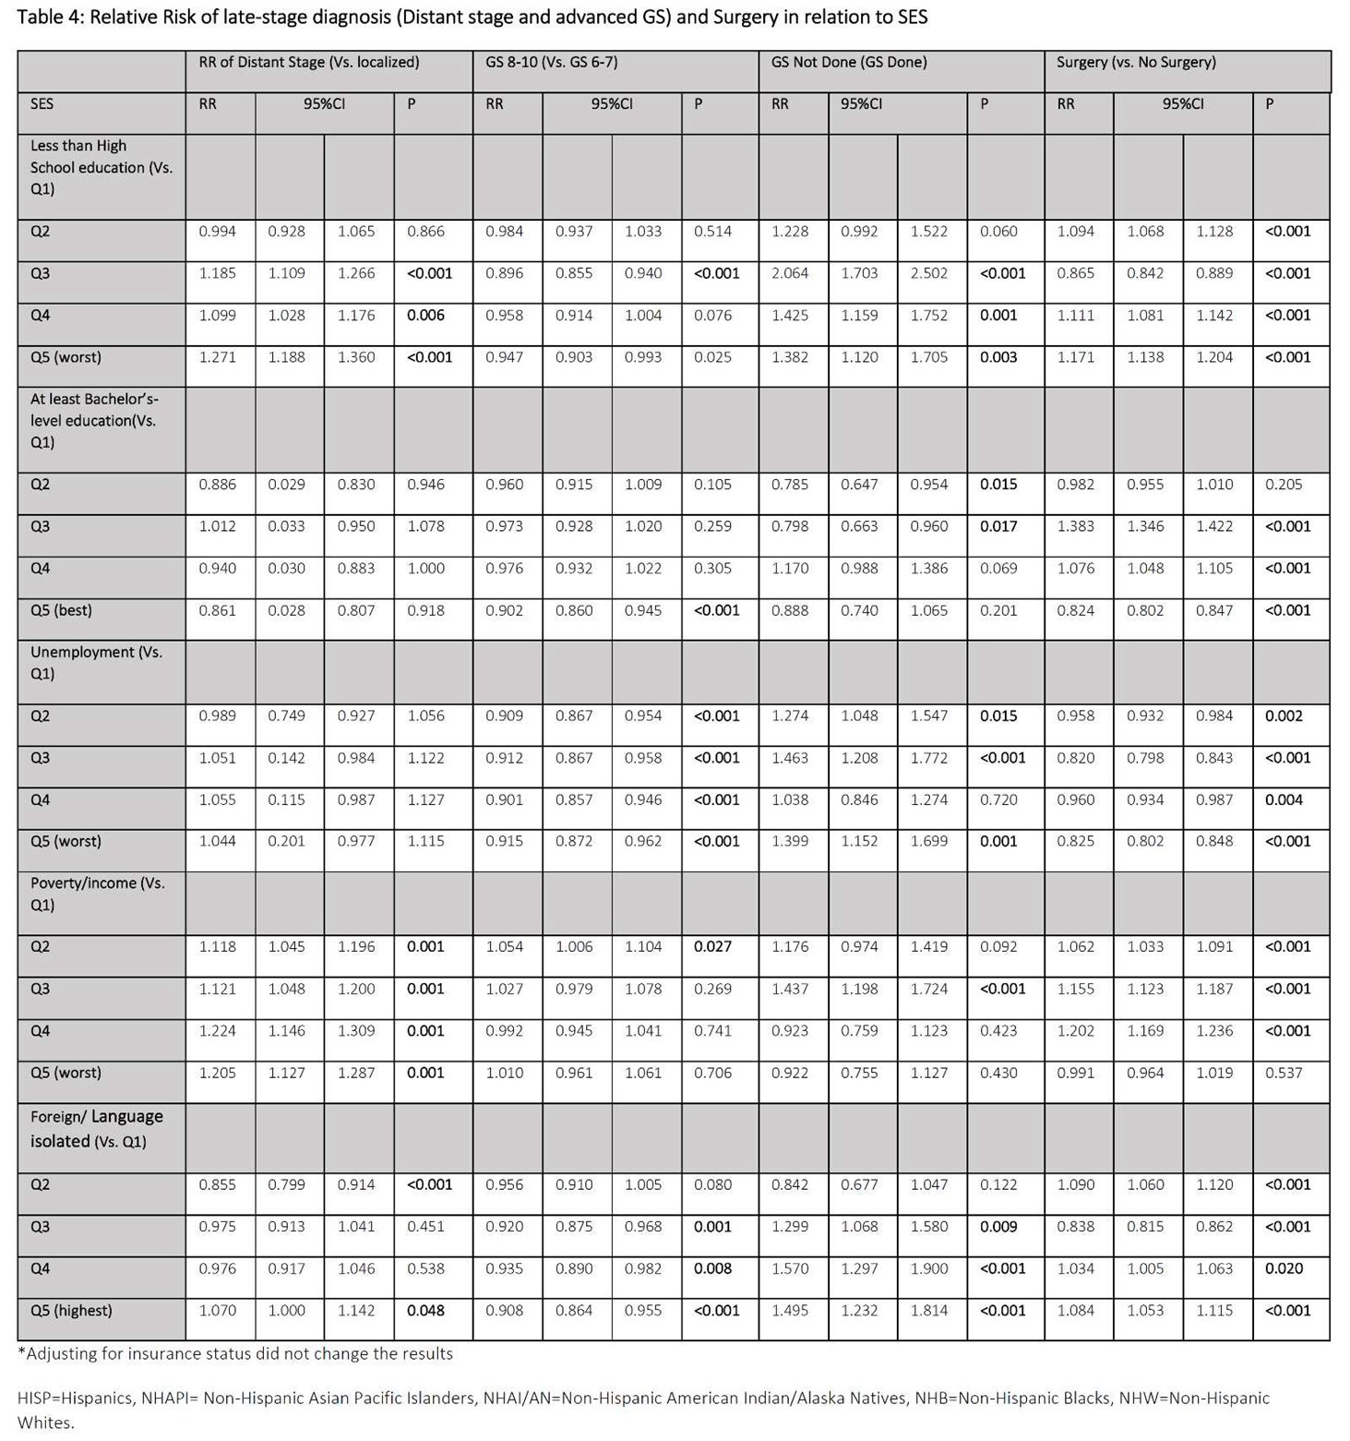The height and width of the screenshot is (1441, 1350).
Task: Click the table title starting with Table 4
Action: click(472, 17)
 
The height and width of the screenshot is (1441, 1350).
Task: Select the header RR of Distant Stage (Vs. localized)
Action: click(308, 63)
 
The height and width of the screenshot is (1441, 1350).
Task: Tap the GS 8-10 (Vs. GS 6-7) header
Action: click(551, 63)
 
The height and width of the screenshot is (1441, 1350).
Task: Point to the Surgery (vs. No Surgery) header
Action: click(1136, 63)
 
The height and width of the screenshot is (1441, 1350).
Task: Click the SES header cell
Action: click(42, 104)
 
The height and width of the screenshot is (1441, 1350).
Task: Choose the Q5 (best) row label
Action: click(61, 610)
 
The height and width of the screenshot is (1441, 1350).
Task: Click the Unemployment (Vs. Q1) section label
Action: click(95, 663)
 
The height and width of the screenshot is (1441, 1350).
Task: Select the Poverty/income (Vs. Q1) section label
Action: click(97, 894)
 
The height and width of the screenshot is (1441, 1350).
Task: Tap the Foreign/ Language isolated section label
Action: click(96, 1129)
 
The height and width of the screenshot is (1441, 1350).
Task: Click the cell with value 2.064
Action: click(790, 273)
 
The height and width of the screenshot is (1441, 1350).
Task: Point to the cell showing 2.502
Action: click(928, 273)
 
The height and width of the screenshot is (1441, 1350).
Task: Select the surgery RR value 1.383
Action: click(1075, 526)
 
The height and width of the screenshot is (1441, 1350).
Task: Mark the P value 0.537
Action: click(1284, 1073)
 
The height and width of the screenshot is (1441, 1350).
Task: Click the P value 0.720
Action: click(998, 799)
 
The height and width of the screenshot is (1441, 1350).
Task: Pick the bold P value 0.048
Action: click(425, 1310)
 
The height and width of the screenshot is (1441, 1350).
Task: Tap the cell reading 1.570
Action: click(790, 1268)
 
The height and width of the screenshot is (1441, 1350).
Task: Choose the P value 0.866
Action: click(425, 232)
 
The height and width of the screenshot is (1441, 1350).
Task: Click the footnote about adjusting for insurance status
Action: click(235, 1353)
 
